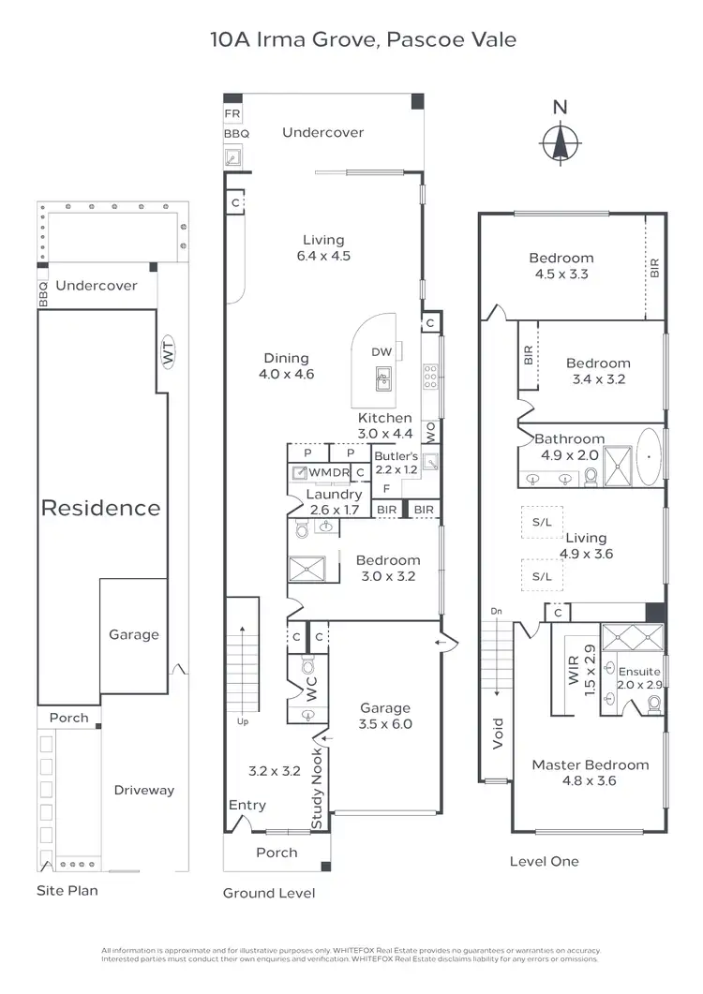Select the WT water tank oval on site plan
coord(169,355)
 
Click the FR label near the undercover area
coord(232,114)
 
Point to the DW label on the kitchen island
coord(381,352)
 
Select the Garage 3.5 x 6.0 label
coord(385,717)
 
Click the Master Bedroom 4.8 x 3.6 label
coord(590,772)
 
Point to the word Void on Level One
coord(498,736)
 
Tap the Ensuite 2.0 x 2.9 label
coord(640,678)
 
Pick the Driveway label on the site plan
coord(144,790)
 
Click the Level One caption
coord(544,861)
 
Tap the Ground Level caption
coord(268,893)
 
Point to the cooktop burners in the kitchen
coord(430,377)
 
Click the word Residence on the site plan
coord(100,508)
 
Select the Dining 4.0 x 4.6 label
coord(286,365)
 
